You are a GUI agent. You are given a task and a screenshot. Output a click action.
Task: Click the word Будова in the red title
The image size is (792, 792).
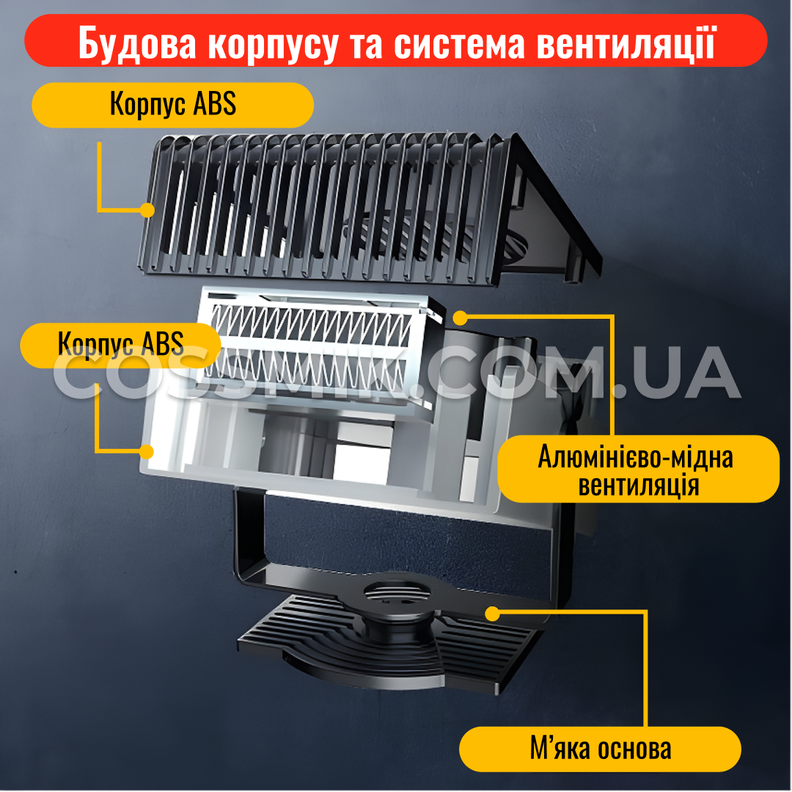click(137, 43)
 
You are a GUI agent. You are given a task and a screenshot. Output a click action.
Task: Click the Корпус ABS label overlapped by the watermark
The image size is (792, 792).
click(121, 345)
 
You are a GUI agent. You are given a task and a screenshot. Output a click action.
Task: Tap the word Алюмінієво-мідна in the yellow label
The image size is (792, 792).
click(635, 457)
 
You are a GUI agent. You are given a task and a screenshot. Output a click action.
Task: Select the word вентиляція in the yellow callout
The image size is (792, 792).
click(639, 485)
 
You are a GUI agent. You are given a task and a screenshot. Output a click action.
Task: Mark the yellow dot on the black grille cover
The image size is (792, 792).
click(147, 210)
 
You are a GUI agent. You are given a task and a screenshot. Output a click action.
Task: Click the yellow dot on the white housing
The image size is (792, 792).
click(147, 452)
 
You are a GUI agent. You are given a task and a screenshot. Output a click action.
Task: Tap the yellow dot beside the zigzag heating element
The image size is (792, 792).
click(460, 318)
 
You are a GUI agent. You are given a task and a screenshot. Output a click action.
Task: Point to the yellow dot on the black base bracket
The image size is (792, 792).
click(493, 615)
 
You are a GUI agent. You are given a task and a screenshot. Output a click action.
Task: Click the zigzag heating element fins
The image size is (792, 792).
click(309, 348)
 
